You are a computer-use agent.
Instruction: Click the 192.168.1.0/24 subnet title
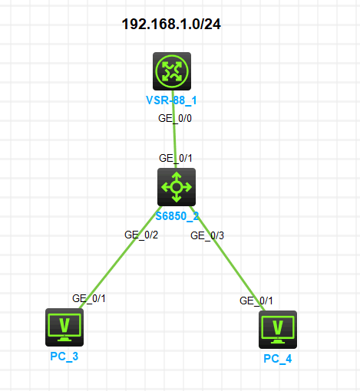coord(171,25)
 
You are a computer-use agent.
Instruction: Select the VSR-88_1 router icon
coord(172,71)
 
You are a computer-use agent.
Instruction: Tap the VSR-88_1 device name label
coord(171,100)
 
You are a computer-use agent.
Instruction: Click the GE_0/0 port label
coord(175,118)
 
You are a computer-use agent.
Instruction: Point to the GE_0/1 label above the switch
coord(176,158)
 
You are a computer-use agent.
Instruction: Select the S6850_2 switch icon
coord(177,187)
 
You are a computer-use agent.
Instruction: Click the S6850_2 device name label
coord(177,216)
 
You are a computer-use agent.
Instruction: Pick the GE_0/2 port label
coord(141,235)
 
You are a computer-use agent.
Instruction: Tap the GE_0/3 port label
coord(207,235)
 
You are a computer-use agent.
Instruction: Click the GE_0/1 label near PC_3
coord(89,298)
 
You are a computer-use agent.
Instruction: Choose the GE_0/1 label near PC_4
coord(256,301)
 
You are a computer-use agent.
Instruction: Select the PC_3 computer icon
coord(64,327)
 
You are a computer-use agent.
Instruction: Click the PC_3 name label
coord(64,356)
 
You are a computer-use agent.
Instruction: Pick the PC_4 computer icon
coord(278,330)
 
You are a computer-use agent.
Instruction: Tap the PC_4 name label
coord(278,359)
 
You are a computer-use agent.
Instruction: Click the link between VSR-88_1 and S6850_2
coord(174,130)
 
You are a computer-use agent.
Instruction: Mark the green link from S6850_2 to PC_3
coord(121,258)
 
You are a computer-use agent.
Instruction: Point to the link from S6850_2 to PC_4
coord(228,258)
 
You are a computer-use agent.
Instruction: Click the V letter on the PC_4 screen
coord(278,327)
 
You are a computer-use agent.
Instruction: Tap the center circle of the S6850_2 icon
coord(177,187)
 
